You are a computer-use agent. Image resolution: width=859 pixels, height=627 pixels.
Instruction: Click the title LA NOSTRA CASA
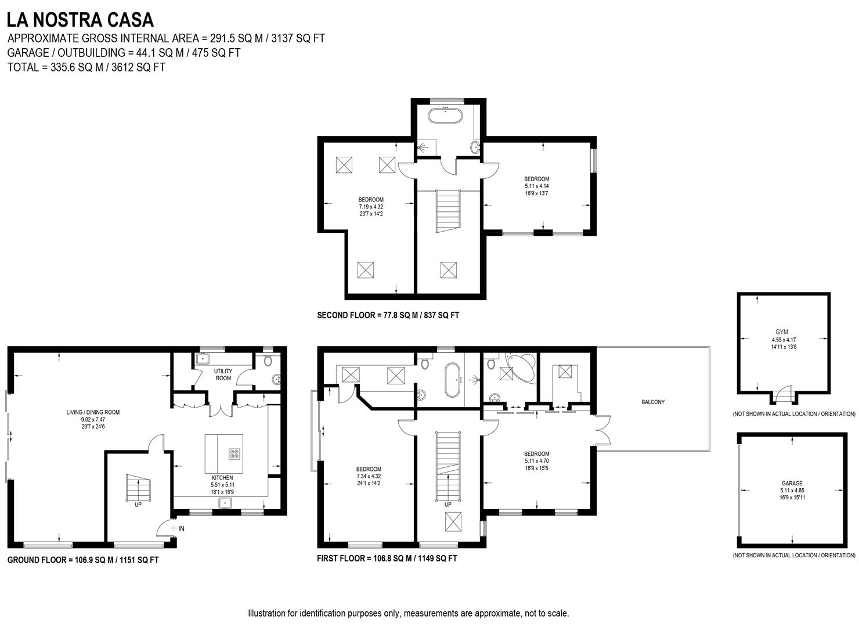pyautogui.click(x=80, y=20)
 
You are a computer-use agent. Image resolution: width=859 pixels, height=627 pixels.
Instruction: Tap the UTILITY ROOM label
pyautogui.click(x=223, y=374)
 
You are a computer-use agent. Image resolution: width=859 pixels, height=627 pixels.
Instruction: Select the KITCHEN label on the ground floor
pyautogui.click(x=222, y=478)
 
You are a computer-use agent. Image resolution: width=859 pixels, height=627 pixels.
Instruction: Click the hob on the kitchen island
pyautogui.click(x=235, y=454)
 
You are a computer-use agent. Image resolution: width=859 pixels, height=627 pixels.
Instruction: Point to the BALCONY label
pyautogui.click(x=653, y=402)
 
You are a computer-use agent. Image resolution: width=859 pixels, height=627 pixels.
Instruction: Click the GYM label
pyautogui.click(x=782, y=333)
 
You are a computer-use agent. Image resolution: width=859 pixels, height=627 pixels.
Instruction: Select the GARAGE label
pyautogui.click(x=792, y=483)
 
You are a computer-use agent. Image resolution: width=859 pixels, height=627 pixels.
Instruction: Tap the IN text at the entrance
pyautogui.click(x=181, y=528)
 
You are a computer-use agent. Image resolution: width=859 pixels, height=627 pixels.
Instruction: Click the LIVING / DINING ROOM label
pyautogui.click(x=93, y=412)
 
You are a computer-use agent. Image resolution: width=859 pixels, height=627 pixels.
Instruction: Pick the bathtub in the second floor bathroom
pyautogui.click(x=446, y=114)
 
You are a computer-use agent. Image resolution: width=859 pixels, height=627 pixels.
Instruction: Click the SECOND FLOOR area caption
pyautogui.click(x=388, y=315)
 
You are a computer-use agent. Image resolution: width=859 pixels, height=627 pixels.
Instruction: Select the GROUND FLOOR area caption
pyautogui.click(x=83, y=560)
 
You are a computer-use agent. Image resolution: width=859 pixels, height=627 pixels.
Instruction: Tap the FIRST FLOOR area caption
pyautogui.click(x=387, y=558)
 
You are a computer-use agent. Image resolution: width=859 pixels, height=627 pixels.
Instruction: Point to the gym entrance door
pyautogui.click(x=784, y=395)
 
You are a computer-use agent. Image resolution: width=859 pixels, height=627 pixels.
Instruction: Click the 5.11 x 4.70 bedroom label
pyautogui.click(x=536, y=461)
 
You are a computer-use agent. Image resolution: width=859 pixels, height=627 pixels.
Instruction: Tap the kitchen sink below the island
pyautogui.click(x=225, y=503)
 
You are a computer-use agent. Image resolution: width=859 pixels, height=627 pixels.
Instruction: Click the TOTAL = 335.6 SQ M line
pyautogui.click(x=86, y=67)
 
